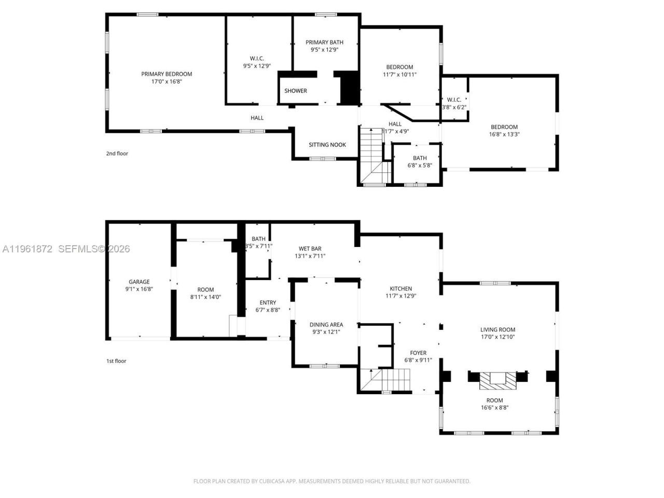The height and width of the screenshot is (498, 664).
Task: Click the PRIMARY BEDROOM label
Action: (x=167, y=74)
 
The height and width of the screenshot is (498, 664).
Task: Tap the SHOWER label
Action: (x=296, y=91)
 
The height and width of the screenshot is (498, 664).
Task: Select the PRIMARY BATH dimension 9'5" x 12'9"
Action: (x=324, y=50)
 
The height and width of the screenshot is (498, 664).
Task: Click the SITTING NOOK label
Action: (x=327, y=145)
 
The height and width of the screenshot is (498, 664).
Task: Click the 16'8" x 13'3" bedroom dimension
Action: (x=504, y=134)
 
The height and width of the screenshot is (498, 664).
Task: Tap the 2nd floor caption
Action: (x=117, y=154)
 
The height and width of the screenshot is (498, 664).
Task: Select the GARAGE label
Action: (x=139, y=282)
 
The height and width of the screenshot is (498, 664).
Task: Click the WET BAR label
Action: (x=310, y=248)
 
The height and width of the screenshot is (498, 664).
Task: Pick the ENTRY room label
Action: (x=268, y=302)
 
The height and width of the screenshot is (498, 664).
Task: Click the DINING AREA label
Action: (x=326, y=325)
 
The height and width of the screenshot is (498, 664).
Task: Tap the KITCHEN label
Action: (x=401, y=289)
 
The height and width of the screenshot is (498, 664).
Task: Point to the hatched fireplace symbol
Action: (x=498, y=381)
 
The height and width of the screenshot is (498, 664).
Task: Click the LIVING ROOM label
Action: (x=497, y=329)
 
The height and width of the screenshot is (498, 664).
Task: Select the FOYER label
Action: (x=418, y=353)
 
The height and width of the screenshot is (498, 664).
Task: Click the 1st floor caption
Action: (x=116, y=361)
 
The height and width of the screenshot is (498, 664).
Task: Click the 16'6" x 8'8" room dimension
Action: (x=494, y=408)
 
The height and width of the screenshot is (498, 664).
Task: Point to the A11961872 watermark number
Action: (x=27, y=249)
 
